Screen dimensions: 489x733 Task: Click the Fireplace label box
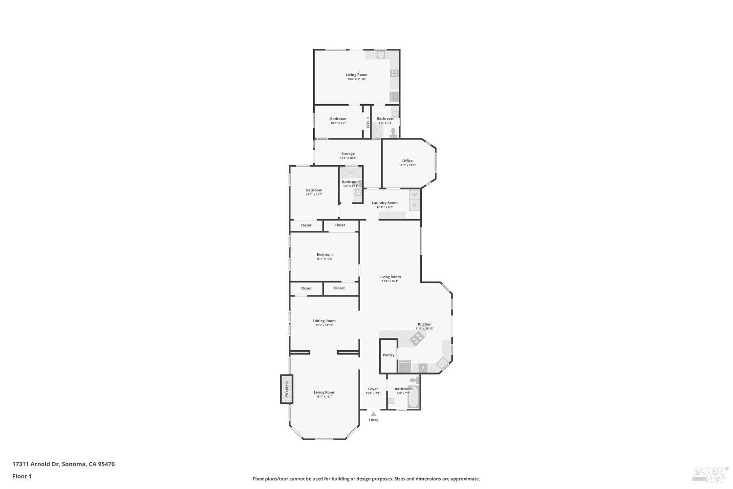(x=286, y=389)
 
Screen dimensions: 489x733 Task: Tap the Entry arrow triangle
(x=373, y=414)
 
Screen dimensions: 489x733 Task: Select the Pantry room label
(x=388, y=355)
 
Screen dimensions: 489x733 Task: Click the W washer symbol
(x=414, y=194)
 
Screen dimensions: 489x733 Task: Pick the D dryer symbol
(x=414, y=205)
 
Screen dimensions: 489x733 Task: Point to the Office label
(x=408, y=161)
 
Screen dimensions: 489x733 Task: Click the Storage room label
(x=348, y=154)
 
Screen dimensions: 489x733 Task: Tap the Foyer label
(x=373, y=389)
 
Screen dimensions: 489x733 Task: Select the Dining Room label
(x=324, y=321)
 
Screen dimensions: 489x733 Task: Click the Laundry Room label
(x=385, y=203)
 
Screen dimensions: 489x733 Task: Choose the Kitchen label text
(x=424, y=324)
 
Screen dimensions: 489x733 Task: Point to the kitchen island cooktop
(x=416, y=338)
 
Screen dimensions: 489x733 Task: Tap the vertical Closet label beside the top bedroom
(x=367, y=122)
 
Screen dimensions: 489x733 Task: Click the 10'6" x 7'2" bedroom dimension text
(x=338, y=123)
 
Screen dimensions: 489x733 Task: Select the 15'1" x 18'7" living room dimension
(x=324, y=397)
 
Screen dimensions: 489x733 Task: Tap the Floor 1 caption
(x=22, y=476)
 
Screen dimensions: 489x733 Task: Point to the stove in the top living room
(x=394, y=73)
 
